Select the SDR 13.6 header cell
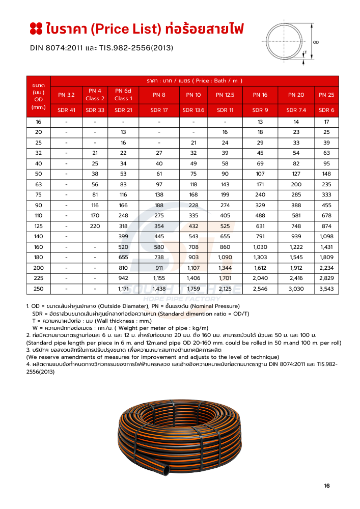tap(193, 110)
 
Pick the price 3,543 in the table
tap(326, 289)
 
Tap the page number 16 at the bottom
tap(327, 486)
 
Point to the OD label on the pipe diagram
tap(316, 42)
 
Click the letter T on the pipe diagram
tap(304, 52)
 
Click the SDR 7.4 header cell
tap(296, 110)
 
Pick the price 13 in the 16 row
tap(260, 122)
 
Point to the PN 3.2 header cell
tap(67, 95)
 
